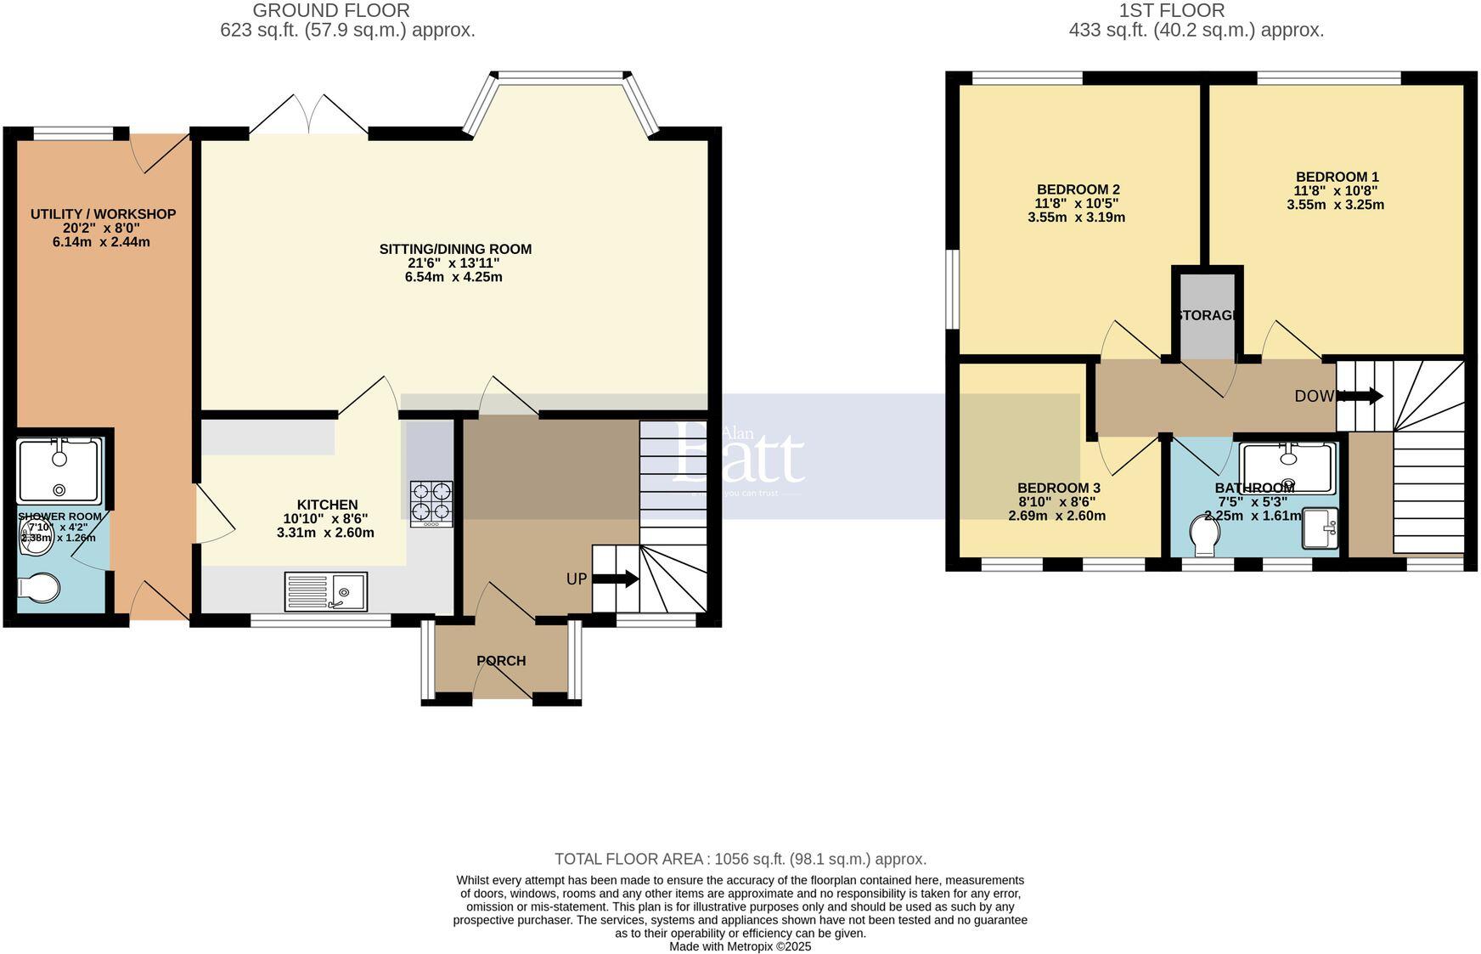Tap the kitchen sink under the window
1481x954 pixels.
(x=326, y=591)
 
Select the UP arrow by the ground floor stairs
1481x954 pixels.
(x=615, y=579)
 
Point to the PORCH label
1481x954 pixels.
(x=501, y=661)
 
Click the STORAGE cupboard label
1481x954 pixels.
(x=1206, y=315)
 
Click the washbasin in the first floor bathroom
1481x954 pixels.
(x=1320, y=528)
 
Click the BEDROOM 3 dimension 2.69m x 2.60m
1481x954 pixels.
(x=1056, y=516)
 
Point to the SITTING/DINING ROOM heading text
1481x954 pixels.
(x=455, y=249)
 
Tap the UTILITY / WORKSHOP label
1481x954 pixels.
(x=103, y=214)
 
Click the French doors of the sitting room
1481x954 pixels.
(x=308, y=116)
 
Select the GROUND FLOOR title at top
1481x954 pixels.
(x=331, y=11)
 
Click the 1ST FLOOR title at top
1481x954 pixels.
(x=1172, y=11)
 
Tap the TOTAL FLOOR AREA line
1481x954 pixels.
(x=740, y=859)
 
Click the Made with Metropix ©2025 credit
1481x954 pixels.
(x=740, y=946)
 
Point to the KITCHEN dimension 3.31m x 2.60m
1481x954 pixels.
(x=325, y=533)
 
